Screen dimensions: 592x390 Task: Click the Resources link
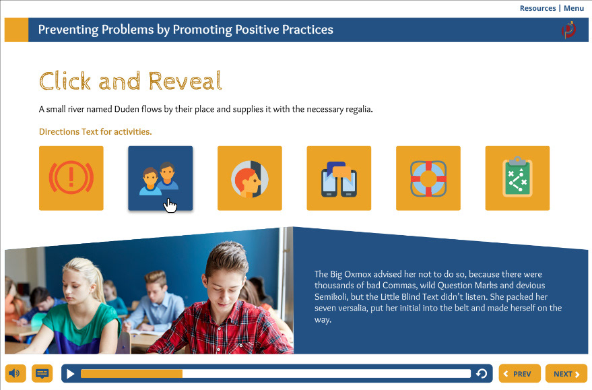coord(537,8)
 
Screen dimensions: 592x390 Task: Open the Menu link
coord(574,8)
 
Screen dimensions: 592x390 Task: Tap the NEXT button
coord(566,374)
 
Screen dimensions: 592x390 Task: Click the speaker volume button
coord(15,374)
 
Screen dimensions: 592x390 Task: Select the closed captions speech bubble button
coord(42,374)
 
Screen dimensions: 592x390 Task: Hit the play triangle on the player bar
coord(71,374)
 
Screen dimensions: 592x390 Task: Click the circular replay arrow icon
coord(482,374)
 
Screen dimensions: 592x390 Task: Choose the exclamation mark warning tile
coord(71,178)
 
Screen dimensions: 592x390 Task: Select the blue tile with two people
coord(160,178)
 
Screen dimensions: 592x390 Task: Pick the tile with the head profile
coord(250,178)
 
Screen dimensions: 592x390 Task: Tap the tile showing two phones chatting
coord(339,178)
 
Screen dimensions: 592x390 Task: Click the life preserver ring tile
coord(428,178)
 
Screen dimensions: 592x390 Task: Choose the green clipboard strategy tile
coord(517,178)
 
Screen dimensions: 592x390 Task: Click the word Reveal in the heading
coord(185,81)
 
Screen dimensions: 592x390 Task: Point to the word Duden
coord(127,109)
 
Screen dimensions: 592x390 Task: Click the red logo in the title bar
coord(568,30)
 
